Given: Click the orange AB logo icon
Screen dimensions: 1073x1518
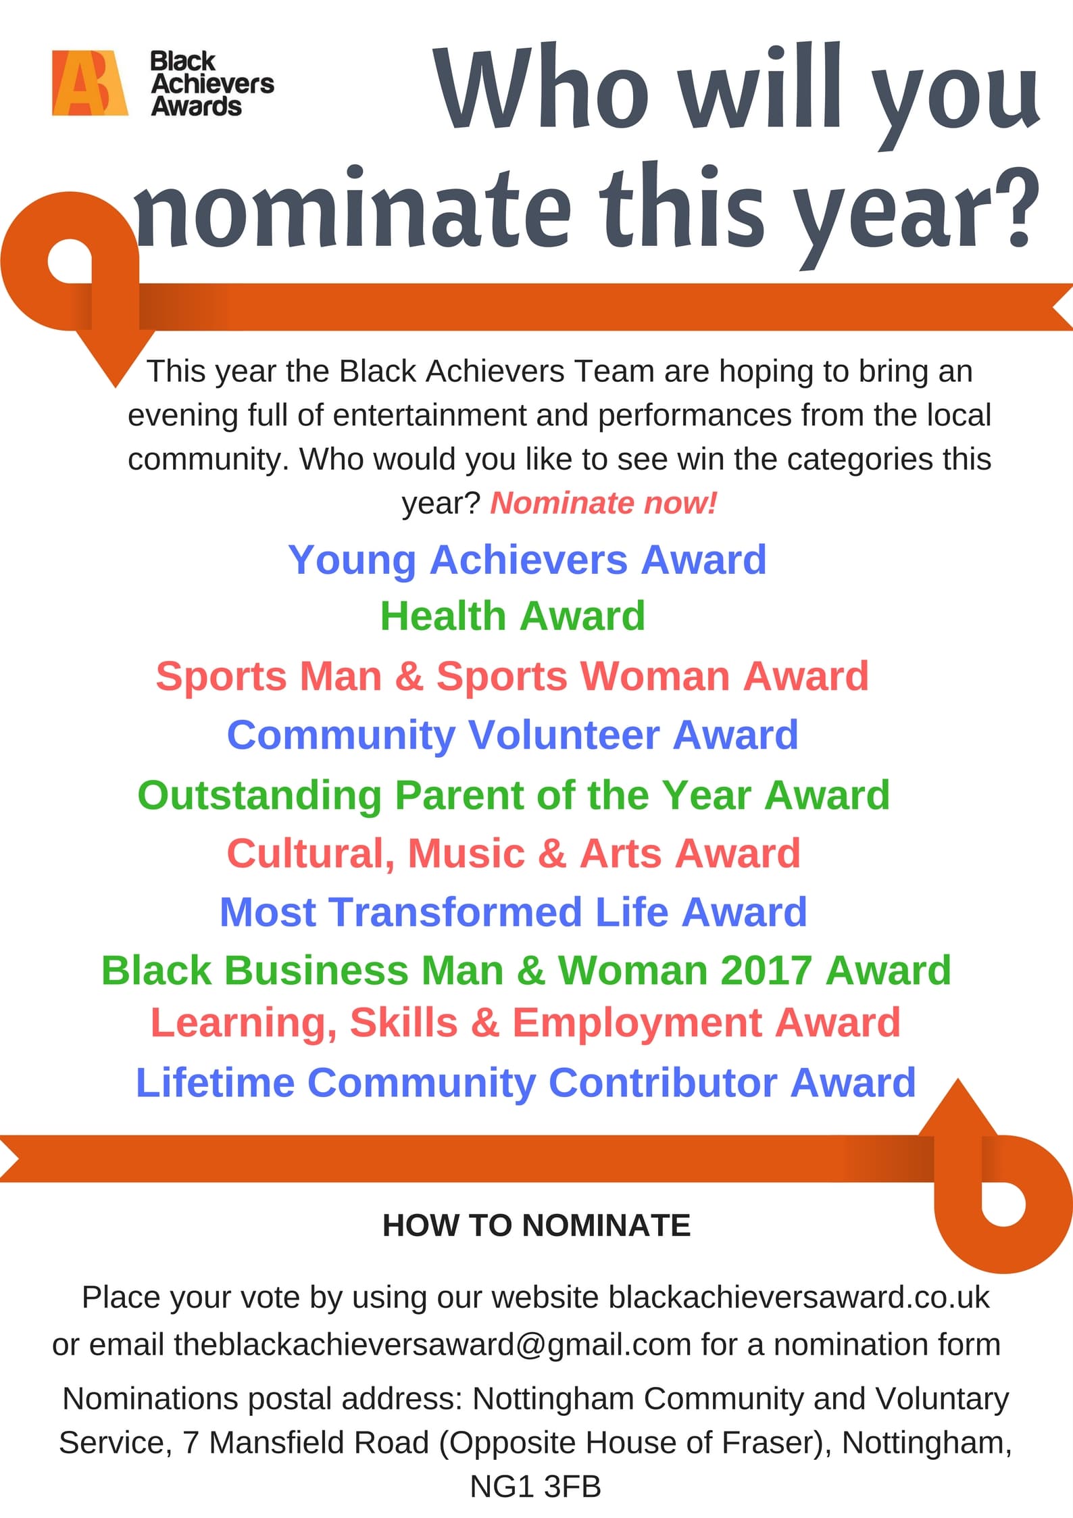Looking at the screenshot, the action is pyautogui.click(x=90, y=83).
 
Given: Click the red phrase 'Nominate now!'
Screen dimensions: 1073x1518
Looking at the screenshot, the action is pyautogui.click(x=603, y=503).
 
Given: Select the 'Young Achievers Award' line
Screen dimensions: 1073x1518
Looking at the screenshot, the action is pyautogui.click(x=527, y=560).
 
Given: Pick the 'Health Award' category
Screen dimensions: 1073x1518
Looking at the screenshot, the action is pyautogui.click(x=513, y=616).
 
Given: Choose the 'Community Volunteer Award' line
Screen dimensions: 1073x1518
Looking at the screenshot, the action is pyautogui.click(x=512, y=735).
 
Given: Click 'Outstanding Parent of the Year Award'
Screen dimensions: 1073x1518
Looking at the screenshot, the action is pyautogui.click(x=514, y=795).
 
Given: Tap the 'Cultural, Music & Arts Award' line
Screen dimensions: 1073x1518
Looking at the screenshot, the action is pyautogui.click(x=514, y=854).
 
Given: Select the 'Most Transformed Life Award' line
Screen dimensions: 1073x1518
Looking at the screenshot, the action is pyautogui.click(x=514, y=912).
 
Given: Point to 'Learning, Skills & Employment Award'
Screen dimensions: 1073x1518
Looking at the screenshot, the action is pyautogui.click(x=526, y=1023).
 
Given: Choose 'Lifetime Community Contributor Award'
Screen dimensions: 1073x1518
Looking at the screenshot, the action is pyautogui.click(x=526, y=1083).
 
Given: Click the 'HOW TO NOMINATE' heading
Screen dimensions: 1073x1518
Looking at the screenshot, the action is pyautogui.click(x=536, y=1225).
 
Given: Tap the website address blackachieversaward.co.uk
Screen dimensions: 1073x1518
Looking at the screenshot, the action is pyautogui.click(x=799, y=1297).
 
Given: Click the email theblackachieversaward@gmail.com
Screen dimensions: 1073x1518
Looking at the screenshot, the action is pyautogui.click(x=432, y=1344).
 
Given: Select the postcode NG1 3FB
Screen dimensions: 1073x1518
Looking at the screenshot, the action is pyautogui.click(x=536, y=1487).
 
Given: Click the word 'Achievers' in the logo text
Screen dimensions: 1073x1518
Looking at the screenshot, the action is pyautogui.click(x=213, y=83).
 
